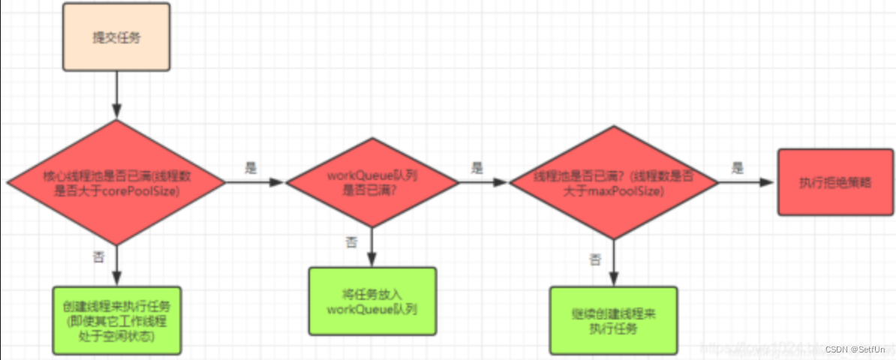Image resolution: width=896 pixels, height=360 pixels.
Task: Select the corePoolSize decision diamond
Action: pyautogui.click(x=116, y=182)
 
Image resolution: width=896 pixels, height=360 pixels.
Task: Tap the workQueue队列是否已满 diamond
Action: pyautogui.click(x=372, y=182)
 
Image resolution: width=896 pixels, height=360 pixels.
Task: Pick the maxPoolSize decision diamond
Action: pyautogui.click(x=614, y=182)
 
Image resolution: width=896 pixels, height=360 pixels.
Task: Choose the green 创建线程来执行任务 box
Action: pyautogui.click(x=116, y=320)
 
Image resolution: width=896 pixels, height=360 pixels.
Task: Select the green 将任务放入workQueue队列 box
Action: pyautogui.click(x=372, y=301)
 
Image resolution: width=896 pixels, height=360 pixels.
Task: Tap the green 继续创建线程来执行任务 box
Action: pyautogui.click(x=613, y=320)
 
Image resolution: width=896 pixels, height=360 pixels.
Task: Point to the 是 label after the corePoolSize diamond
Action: pyautogui.click(x=251, y=169)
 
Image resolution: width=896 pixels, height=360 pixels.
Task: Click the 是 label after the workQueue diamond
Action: pyautogui.click(x=477, y=169)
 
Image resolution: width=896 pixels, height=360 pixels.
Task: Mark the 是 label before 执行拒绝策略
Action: pyautogui.click(x=738, y=169)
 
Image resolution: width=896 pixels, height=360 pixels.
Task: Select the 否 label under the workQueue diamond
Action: pyautogui.click(x=350, y=242)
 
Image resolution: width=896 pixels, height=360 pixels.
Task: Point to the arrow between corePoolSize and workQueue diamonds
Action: pyautogui.click(x=255, y=182)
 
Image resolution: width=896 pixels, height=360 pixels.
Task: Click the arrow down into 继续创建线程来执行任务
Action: pyautogui.click(x=614, y=262)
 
